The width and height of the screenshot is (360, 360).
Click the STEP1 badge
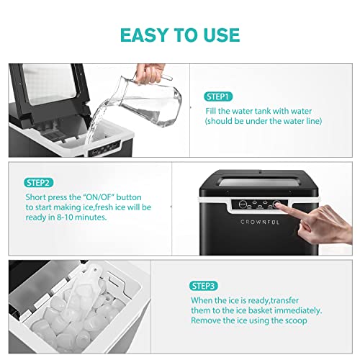click(218, 96)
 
